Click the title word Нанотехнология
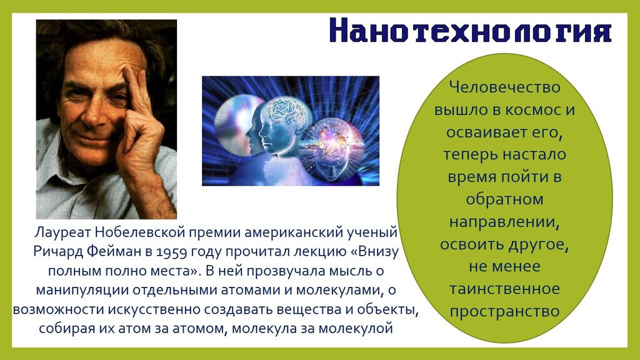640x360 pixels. (470, 30)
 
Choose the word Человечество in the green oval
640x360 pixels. (505, 87)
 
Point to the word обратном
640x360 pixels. (505, 199)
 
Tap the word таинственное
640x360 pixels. (505, 289)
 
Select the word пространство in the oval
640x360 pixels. (505, 311)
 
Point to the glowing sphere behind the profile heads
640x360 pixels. (235, 122)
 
